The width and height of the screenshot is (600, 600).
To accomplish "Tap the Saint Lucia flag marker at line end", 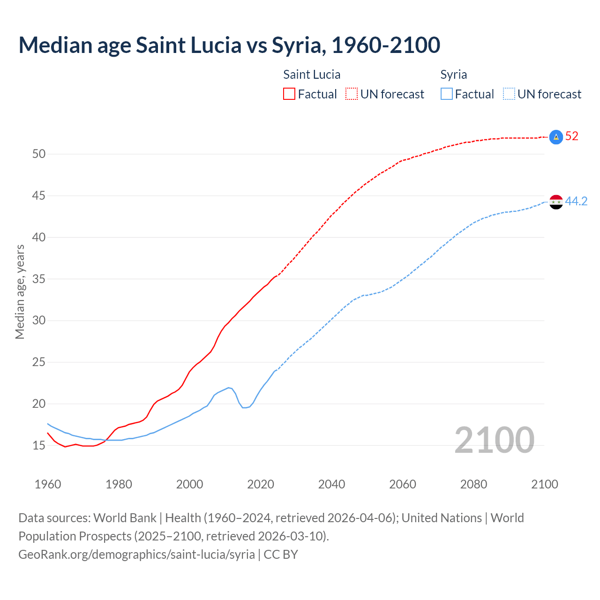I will pos(555,137).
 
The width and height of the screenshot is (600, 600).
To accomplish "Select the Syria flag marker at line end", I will pos(555,202).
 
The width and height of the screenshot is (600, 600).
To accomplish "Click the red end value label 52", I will pos(572,136).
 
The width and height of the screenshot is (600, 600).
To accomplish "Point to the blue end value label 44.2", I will pos(576,202).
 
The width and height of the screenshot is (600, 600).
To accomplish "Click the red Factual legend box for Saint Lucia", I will pos(289,94).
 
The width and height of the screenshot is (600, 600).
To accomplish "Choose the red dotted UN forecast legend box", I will pos(352,94).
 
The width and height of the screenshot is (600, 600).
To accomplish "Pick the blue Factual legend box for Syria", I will pos(447,94).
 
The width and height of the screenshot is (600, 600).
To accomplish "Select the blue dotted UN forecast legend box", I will pos(509,94).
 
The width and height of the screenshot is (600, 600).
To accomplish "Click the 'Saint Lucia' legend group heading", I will pos(312,75).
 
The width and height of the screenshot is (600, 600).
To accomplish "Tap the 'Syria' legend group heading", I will pos(453,75).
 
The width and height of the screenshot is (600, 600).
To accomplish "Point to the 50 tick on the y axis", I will pos(39,154).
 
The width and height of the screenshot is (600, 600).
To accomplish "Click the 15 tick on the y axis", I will pos(39,445).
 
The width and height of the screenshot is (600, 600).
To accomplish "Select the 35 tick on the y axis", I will pos(39,279).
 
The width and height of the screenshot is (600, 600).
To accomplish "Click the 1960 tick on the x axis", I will pos(48,484).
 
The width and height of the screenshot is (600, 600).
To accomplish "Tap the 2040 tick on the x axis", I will pos(331,484).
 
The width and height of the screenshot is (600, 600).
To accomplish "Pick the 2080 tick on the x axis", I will pos(473,484).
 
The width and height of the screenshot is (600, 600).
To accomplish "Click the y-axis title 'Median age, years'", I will pos(20,292).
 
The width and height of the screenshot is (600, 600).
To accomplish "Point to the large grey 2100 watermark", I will pos(494,440).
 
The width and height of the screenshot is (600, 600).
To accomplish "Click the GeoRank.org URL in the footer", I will pos(136,555).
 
